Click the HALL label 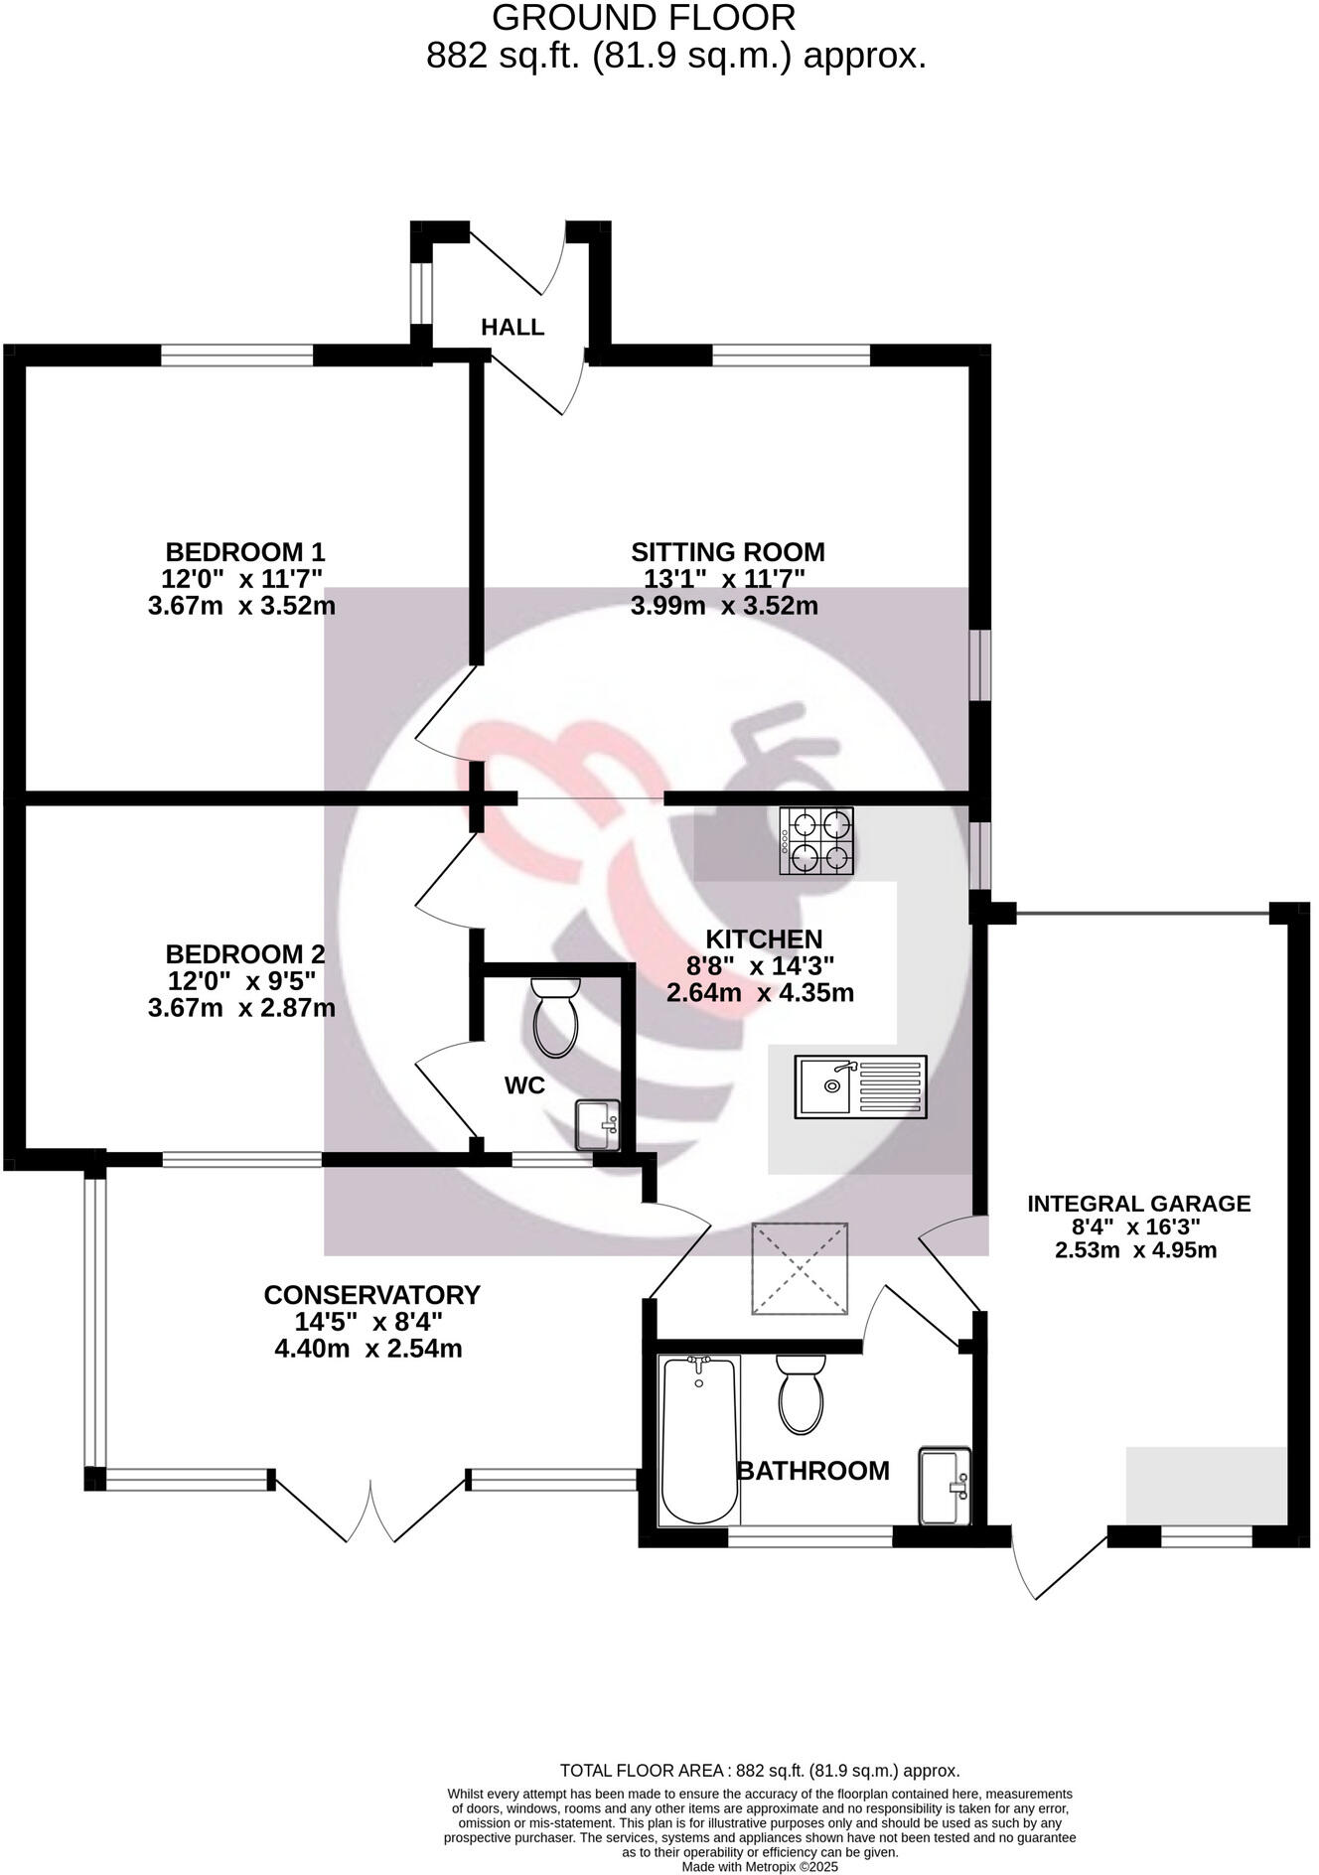tap(513, 327)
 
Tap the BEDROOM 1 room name tap(244, 551)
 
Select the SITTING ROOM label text tap(727, 551)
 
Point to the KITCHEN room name tap(764, 938)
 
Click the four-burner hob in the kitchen tap(816, 841)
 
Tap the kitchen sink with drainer tap(860, 1087)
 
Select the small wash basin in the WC tap(598, 1125)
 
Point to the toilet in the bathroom tap(801, 1392)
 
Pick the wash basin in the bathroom tap(945, 1486)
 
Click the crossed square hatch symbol tap(801, 1268)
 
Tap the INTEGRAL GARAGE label tap(1138, 1204)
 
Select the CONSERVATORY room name tap(371, 1295)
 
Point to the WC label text tap(524, 1085)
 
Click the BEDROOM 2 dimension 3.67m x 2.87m tap(241, 1008)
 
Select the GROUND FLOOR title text tap(644, 18)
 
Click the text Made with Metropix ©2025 tap(760, 1866)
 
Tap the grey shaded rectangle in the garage tap(1206, 1485)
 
